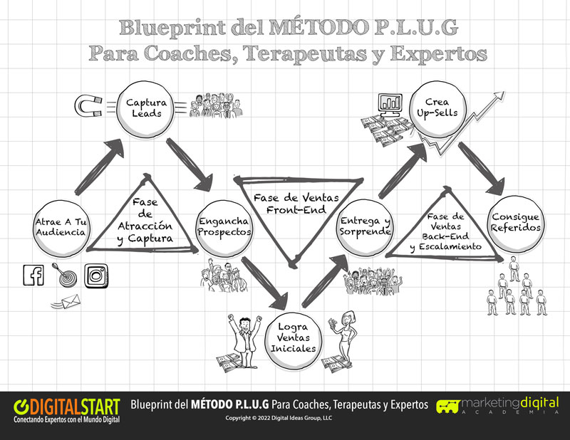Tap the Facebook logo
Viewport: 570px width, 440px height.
point(33,275)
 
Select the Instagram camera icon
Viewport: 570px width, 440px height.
point(96,276)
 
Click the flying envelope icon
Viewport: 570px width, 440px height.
point(67,302)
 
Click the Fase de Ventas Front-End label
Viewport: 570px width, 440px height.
point(296,204)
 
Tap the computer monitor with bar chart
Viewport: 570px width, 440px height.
point(390,104)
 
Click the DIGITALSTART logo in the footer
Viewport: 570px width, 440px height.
point(66,411)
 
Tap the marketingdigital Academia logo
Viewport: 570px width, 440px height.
point(497,405)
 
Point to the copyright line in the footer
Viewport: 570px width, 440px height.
point(279,418)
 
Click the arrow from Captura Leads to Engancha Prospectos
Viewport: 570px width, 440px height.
point(189,164)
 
